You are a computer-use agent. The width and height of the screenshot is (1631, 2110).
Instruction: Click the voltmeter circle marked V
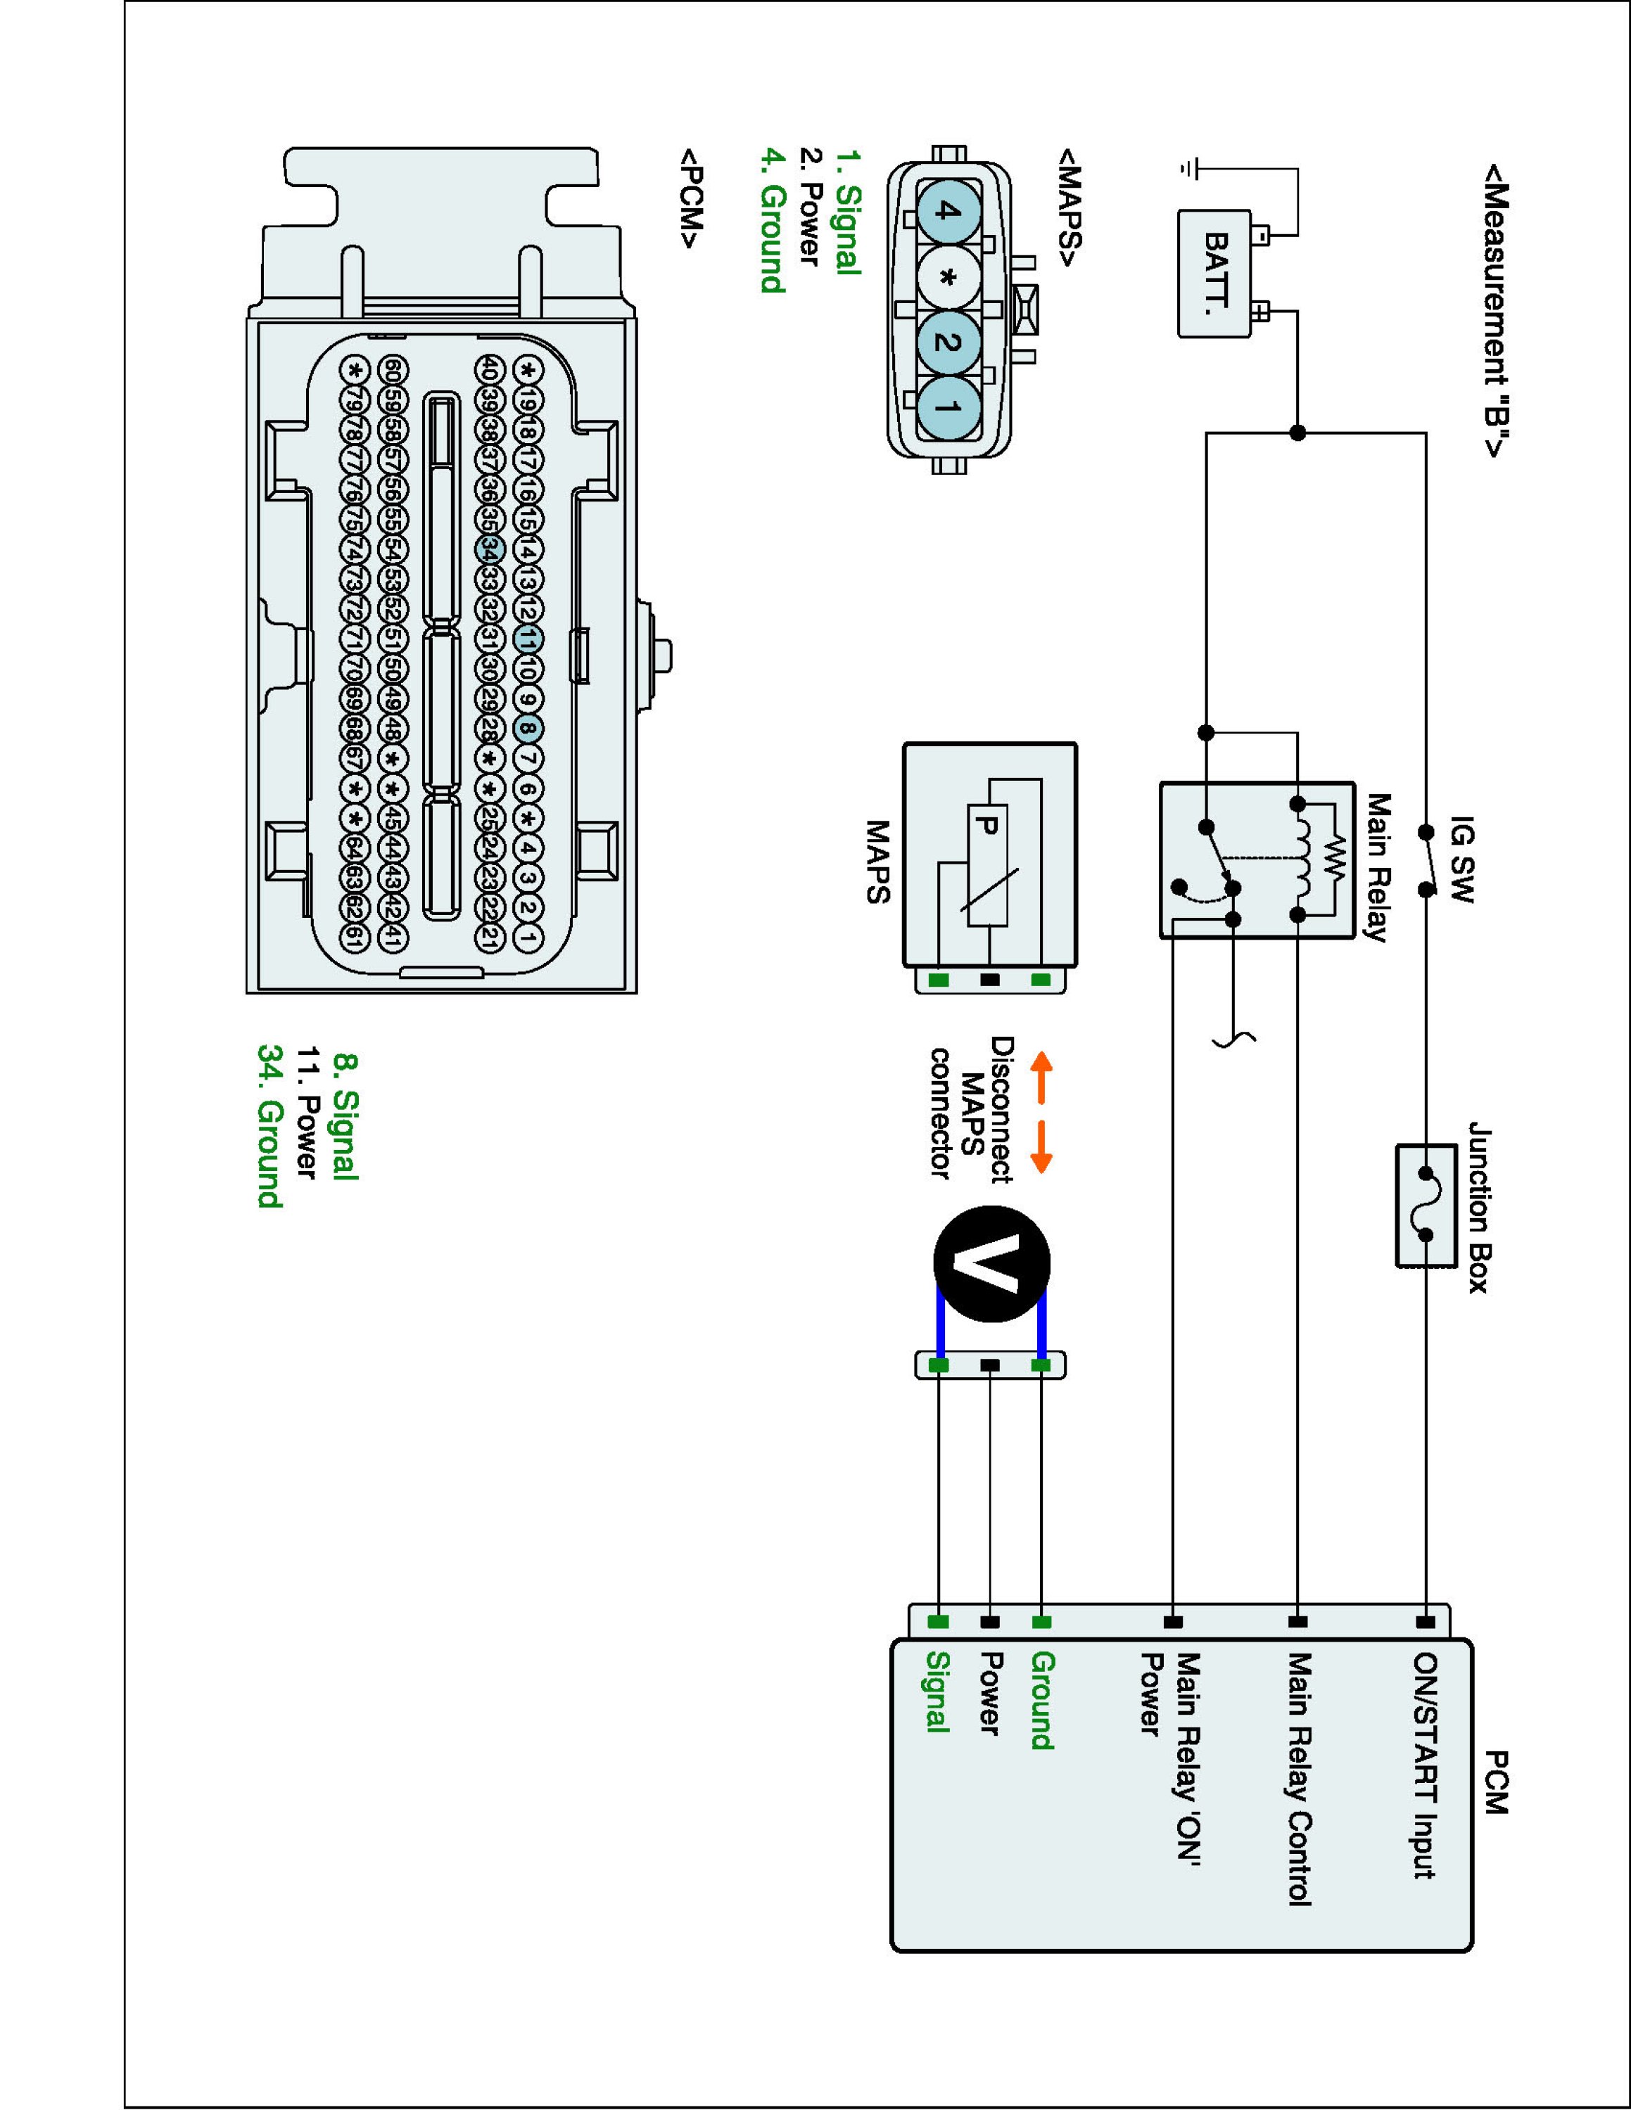[991, 1264]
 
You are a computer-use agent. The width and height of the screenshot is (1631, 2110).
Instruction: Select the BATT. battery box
[1214, 274]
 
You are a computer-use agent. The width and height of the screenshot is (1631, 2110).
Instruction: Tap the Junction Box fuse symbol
[1426, 1205]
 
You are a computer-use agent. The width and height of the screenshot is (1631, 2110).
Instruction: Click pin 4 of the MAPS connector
[947, 212]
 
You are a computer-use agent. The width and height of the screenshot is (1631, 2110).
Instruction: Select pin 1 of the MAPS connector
[947, 407]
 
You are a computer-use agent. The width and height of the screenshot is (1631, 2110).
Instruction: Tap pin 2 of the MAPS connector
[947, 342]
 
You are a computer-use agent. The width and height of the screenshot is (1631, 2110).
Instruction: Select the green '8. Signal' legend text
[345, 1116]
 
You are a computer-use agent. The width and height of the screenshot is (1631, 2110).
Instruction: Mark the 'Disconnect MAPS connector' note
[971, 1109]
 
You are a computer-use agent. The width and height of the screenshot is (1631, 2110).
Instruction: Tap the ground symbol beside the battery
[1188, 169]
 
